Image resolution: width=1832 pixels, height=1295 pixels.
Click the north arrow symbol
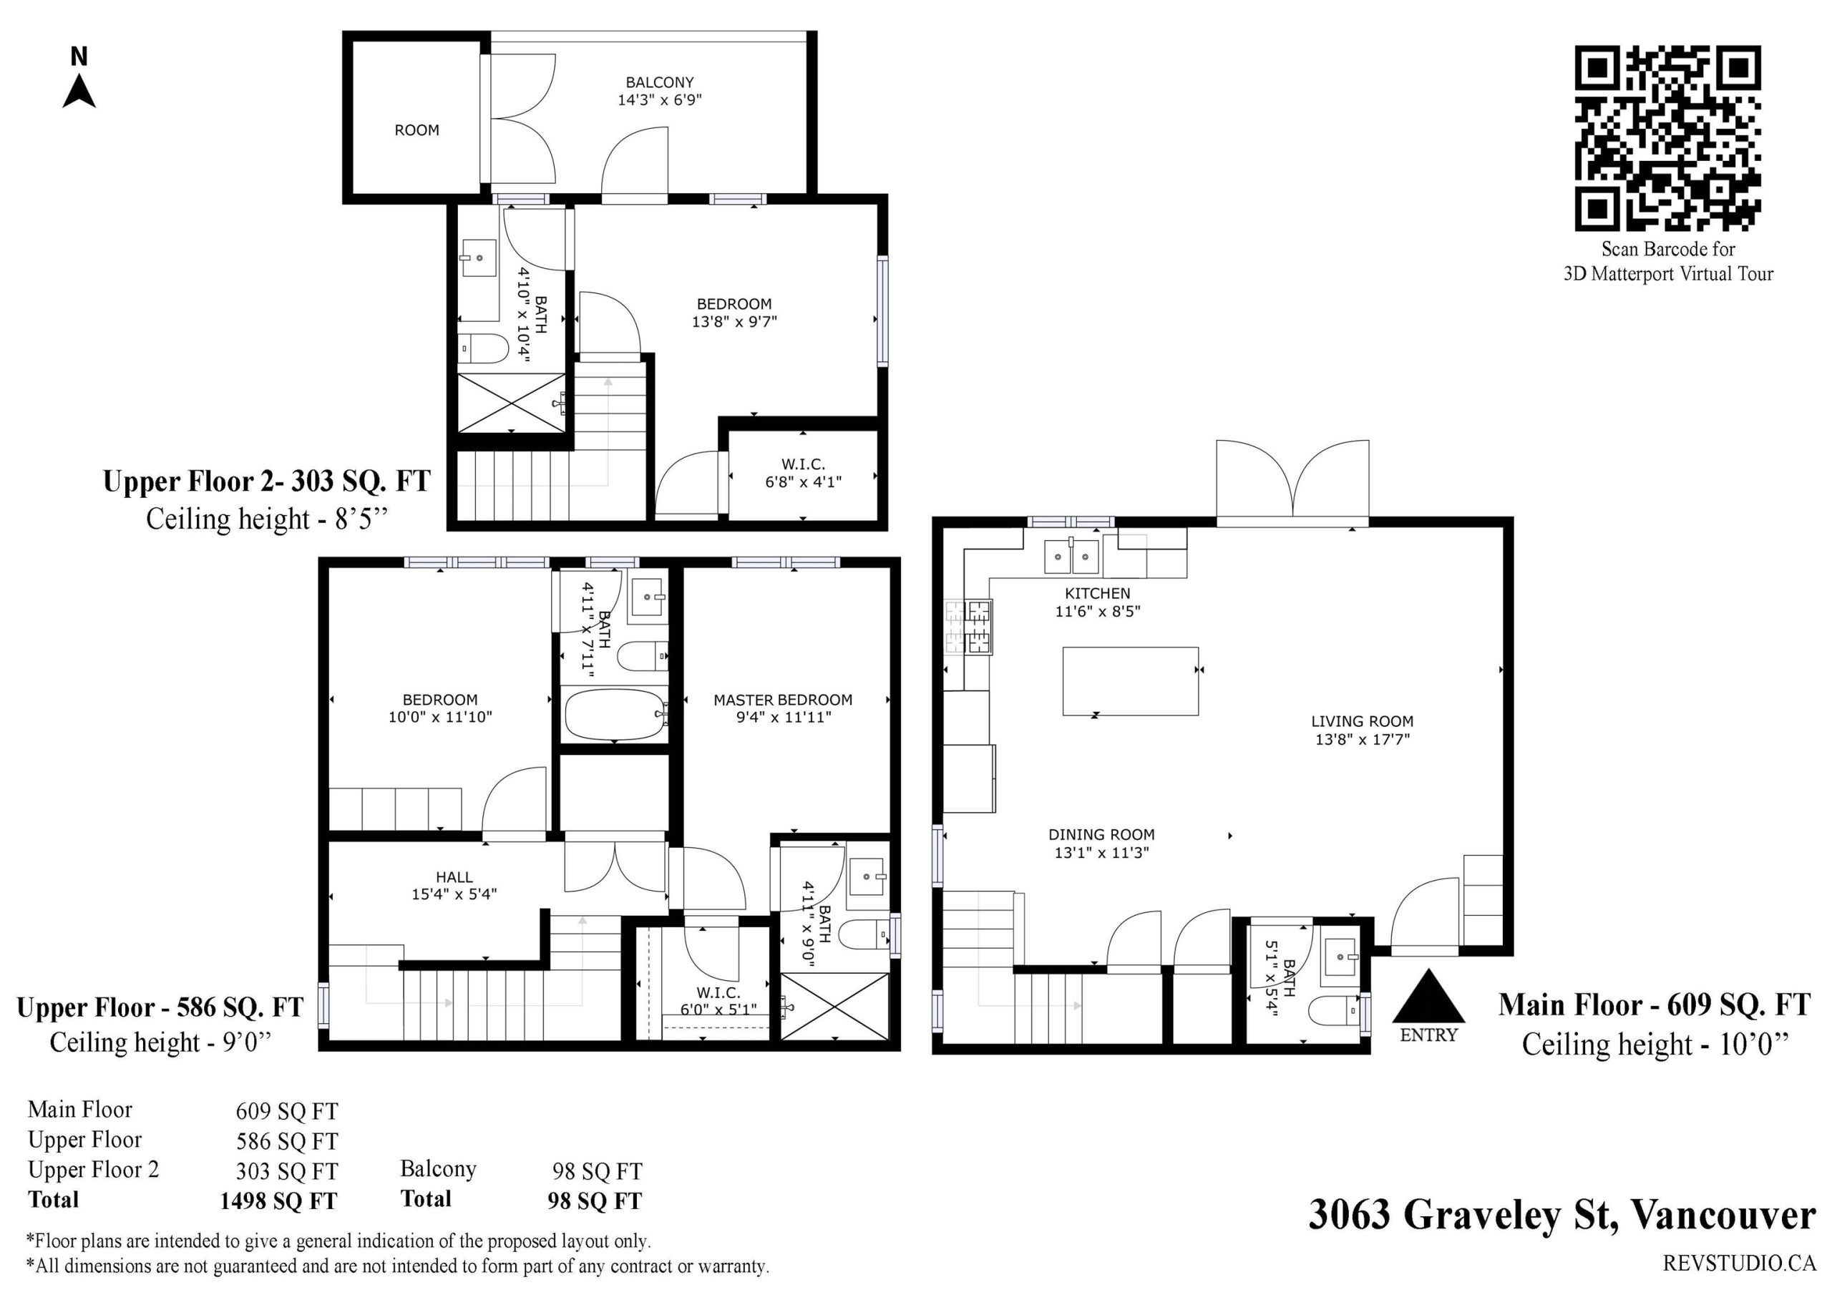tap(79, 91)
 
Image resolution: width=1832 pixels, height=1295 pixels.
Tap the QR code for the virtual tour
tap(1667, 138)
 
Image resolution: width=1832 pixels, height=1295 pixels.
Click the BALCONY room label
tap(659, 82)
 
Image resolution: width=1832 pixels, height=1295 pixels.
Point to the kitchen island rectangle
tap(1130, 680)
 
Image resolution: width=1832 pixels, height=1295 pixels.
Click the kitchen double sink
tap(1071, 556)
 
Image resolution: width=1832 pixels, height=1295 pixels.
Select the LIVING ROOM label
tap(1362, 721)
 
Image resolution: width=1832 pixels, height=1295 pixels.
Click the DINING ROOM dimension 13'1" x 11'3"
tap(1101, 852)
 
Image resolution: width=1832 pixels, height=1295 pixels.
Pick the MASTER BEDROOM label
tap(783, 700)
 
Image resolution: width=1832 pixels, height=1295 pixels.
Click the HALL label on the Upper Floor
tap(454, 877)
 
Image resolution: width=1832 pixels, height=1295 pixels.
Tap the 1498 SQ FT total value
tap(278, 1201)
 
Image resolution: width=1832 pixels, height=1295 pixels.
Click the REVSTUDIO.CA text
tap(1740, 1263)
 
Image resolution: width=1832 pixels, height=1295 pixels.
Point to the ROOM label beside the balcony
tap(416, 130)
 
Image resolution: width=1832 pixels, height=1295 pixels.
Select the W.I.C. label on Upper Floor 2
tap(803, 464)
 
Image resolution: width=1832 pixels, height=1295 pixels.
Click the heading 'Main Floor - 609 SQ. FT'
tap(1654, 1005)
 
